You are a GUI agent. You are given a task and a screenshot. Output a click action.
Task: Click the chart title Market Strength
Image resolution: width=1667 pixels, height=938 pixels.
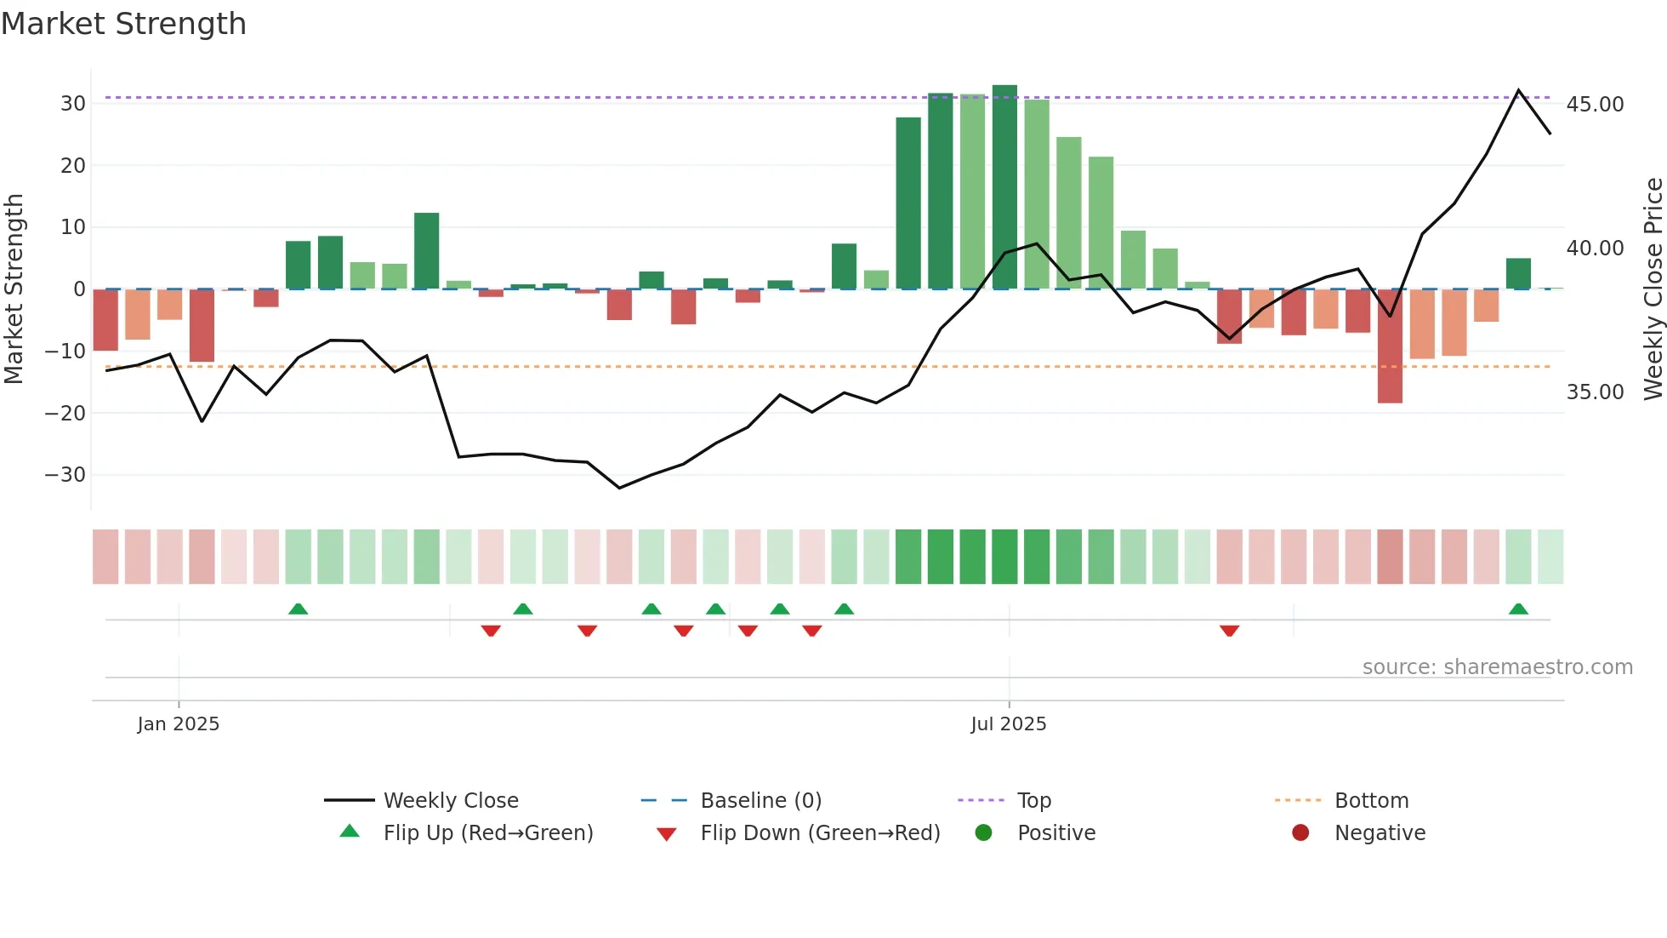tap(123, 24)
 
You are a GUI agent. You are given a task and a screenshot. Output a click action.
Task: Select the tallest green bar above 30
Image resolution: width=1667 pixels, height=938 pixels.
tap(1004, 187)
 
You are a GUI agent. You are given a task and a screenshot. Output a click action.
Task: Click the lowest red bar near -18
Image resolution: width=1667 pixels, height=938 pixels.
tap(1390, 346)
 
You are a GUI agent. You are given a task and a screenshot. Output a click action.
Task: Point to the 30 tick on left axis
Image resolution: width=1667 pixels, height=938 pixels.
tap(73, 104)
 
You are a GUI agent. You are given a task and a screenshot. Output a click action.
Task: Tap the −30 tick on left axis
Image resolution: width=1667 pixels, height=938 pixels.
tap(66, 475)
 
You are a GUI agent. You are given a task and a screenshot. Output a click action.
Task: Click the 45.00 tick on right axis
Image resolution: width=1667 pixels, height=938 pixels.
tap(1595, 105)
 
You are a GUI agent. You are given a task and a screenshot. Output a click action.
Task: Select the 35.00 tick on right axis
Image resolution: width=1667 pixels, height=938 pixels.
tap(1595, 392)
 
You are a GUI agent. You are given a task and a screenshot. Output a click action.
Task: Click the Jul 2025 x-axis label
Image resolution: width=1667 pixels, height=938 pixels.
tap(1009, 724)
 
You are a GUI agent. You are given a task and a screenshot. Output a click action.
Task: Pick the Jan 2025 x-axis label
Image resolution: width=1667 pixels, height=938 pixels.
tap(179, 724)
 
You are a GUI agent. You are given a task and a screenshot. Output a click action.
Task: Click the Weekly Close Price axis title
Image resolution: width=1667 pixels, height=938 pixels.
tap(1653, 289)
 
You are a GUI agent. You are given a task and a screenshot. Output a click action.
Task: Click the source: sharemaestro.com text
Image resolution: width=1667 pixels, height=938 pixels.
tap(1497, 667)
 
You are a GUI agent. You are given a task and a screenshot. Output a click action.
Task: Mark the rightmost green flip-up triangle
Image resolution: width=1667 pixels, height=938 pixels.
tap(1518, 609)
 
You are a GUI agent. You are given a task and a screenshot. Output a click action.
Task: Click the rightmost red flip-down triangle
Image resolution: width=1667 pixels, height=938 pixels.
tap(1229, 631)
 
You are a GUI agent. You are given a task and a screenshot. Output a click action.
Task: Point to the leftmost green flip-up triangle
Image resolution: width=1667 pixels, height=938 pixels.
tap(298, 609)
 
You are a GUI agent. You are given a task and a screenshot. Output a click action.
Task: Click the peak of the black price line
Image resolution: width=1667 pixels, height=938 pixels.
tap(1518, 90)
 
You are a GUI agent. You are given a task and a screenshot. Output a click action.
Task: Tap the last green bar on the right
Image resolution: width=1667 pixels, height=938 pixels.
tap(1518, 274)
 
